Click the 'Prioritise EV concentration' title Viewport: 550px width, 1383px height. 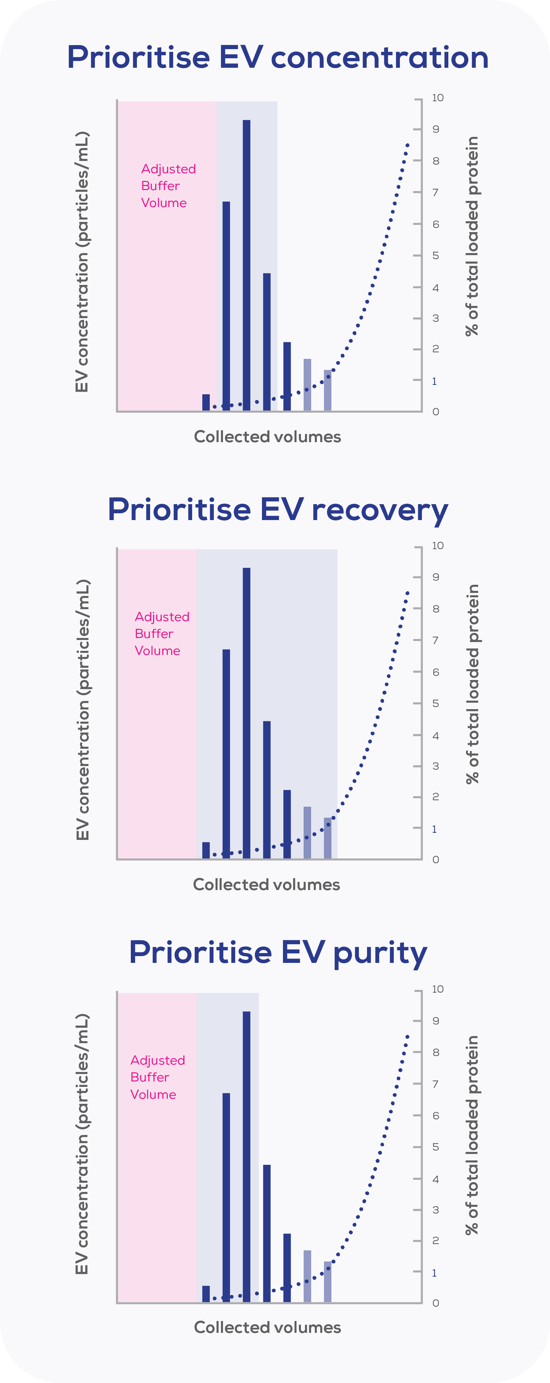pos(278,58)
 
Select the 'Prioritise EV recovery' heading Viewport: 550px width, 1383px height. pos(278,510)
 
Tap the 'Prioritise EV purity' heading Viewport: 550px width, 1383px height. pos(278,953)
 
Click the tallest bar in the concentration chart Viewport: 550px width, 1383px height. pos(246,265)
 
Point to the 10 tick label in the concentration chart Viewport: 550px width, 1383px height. pos(438,98)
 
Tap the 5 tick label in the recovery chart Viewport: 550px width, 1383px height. pos(435,703)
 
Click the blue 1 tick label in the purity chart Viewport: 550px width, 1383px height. pos(434,1273)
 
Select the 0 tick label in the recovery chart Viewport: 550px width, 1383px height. pos(435,860)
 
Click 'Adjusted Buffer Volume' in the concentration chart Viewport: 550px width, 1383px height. pos(168,186)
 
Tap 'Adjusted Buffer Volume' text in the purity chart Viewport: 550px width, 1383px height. pos(157,1077)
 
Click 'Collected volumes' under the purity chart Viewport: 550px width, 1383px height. pos(267,1327)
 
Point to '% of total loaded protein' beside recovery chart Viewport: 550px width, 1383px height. pos(472,684)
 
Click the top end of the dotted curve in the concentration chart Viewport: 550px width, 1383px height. pos(408,145)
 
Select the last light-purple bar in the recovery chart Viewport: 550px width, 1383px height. pos(328,838)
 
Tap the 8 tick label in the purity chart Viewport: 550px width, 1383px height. pos(435,1052)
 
